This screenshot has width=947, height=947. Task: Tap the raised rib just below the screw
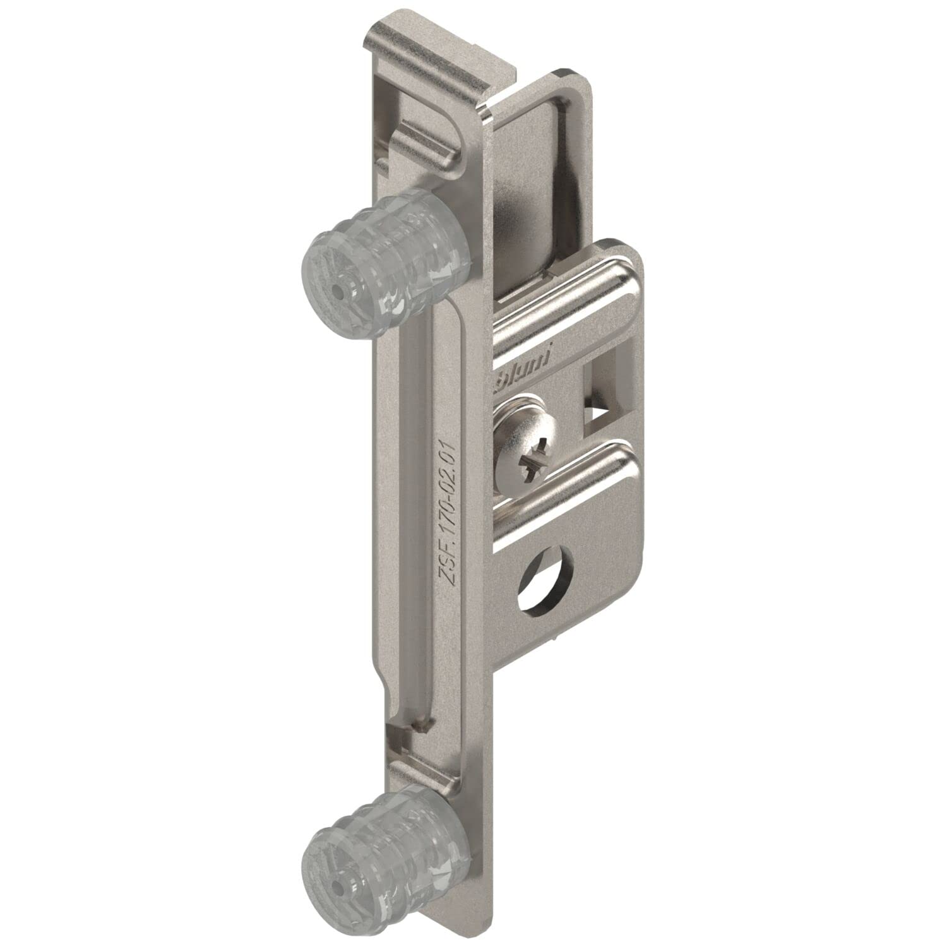(568, 486)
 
